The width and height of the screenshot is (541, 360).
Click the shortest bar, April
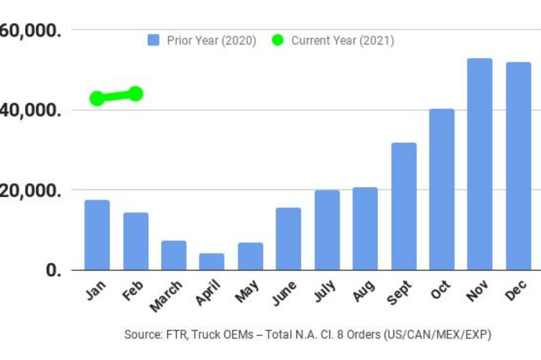click(211, 262)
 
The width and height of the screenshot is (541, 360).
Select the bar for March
click(173, 256)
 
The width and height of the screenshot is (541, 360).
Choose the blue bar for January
click(97, 235)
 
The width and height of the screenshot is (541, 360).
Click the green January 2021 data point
click(97, 98)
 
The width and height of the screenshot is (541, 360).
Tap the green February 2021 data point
click(135, 93)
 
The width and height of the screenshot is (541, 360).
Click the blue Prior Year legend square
click(153, 41)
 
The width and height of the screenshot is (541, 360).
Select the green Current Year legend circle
click(277, 41)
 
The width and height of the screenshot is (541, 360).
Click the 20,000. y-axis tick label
click(34, 190)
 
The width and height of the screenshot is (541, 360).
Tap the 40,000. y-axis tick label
click(34, 110)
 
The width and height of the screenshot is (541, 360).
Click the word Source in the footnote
click(141, 335)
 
